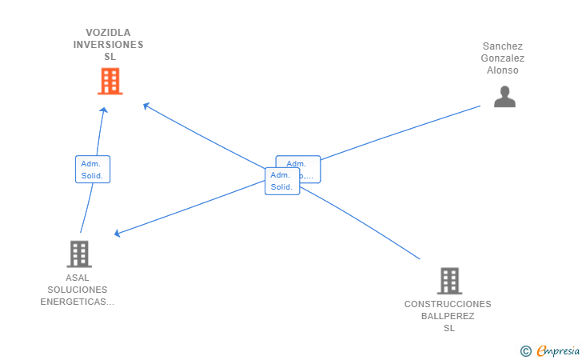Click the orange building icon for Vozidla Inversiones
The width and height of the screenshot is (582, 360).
pyautogui.click(x=110, y=81)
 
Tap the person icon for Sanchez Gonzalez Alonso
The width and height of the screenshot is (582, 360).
pyautogui.click(x=504, y=97)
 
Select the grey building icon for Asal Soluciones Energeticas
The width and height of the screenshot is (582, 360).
pyautogui.click(x=79, y=254)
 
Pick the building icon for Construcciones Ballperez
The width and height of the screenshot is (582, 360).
pyautogui.click(x=449, y=281)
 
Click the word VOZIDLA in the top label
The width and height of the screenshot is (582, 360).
pyautogui.click(x=109, y=33)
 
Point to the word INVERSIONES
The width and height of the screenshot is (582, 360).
pyautogui.click(x=109, y=45)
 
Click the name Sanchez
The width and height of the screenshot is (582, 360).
pyautogui.click(x=503, y=46)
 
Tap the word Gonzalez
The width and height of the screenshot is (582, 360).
pyautogui.click(x=503, y=58)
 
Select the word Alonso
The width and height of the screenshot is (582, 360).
pyautogui.click(x=503, y=70)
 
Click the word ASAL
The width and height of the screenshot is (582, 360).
pyautogui.click(x=78, y=278)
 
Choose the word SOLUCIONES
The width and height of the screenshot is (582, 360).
pyautogui.click(x=78, y=290)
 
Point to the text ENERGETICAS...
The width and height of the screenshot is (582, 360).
pyautogui.click(x=77, y=302)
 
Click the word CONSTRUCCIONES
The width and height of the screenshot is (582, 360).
pyautogui.click(x=448, y=304)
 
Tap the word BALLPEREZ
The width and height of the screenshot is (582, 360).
pyautogui.click(x=448, y=316)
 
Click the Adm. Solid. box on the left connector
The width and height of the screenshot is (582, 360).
pyautogui.click(x=93, y=169)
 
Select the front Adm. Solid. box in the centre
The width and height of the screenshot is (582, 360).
pyautogui.click(x=281, y=181)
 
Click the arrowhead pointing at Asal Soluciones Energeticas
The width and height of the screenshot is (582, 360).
pyautogui.click(x=118, y=234)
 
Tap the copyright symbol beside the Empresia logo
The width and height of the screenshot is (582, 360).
pyautogui.click(x=525, y=350)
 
